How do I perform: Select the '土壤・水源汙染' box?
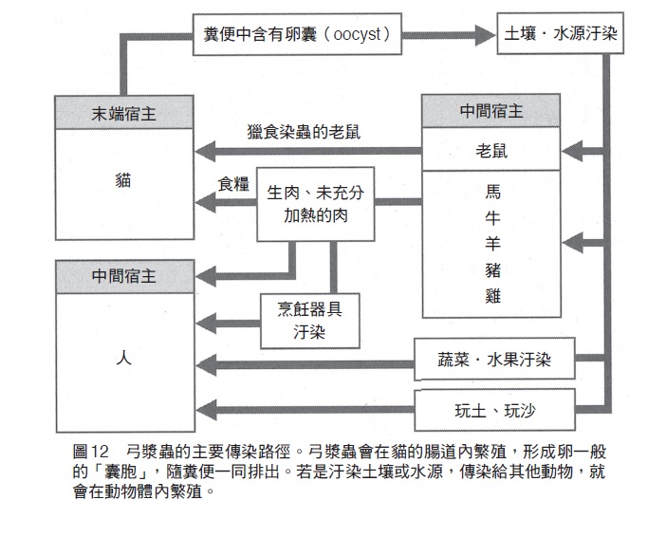(x=562, y=37)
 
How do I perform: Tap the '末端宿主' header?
(x=125, y=113)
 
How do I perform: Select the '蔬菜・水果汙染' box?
(x=496, y=362)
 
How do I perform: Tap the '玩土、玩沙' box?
(x=496, y=411)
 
